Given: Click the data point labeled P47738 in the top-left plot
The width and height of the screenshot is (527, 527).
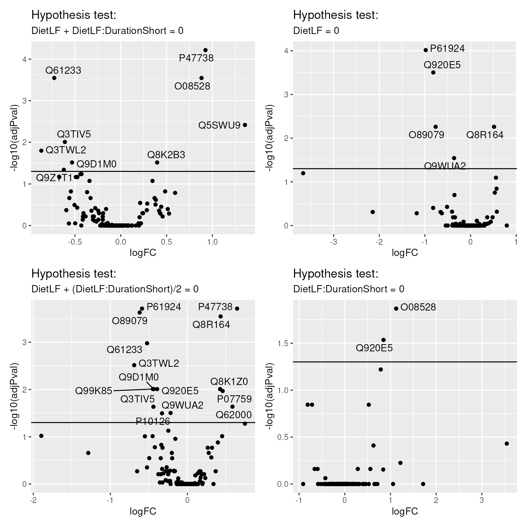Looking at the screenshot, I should pos(206,50).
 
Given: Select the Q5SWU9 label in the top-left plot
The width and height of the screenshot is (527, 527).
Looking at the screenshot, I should pos(219,125).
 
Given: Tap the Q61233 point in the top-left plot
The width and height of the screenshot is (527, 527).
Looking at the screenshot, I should pos(54,78).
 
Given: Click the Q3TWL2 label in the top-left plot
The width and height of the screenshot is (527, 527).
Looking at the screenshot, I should pos(66,150).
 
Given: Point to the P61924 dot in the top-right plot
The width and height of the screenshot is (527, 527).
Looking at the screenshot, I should pos(426,50).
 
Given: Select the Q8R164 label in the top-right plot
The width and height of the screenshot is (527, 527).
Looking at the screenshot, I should pos(485,135).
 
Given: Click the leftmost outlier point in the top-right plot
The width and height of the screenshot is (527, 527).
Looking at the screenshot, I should pos(303,173).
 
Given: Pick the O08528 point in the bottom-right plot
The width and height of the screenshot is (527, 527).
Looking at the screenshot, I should pos(396,308).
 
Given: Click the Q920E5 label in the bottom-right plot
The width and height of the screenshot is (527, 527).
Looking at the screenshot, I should pos(374,348).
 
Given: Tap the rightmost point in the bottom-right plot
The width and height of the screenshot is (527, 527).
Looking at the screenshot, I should pos(507,444).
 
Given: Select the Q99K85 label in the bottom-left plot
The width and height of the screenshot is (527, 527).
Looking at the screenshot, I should pos(94,391).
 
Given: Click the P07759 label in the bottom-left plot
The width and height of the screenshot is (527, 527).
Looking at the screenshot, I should pos(234,399).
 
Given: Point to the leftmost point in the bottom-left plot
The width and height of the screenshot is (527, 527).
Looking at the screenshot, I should pos(41,436).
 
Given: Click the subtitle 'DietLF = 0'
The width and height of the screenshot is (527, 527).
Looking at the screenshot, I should pos(316,31).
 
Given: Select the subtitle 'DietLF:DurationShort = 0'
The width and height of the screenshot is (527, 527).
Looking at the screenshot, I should pos(349,289).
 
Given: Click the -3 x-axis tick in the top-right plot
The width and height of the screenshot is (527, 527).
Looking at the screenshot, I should pos(333,242).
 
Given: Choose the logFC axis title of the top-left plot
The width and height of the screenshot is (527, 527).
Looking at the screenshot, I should pos(143,253).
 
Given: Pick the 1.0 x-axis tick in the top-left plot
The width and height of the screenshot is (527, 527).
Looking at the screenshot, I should pos(212,242).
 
